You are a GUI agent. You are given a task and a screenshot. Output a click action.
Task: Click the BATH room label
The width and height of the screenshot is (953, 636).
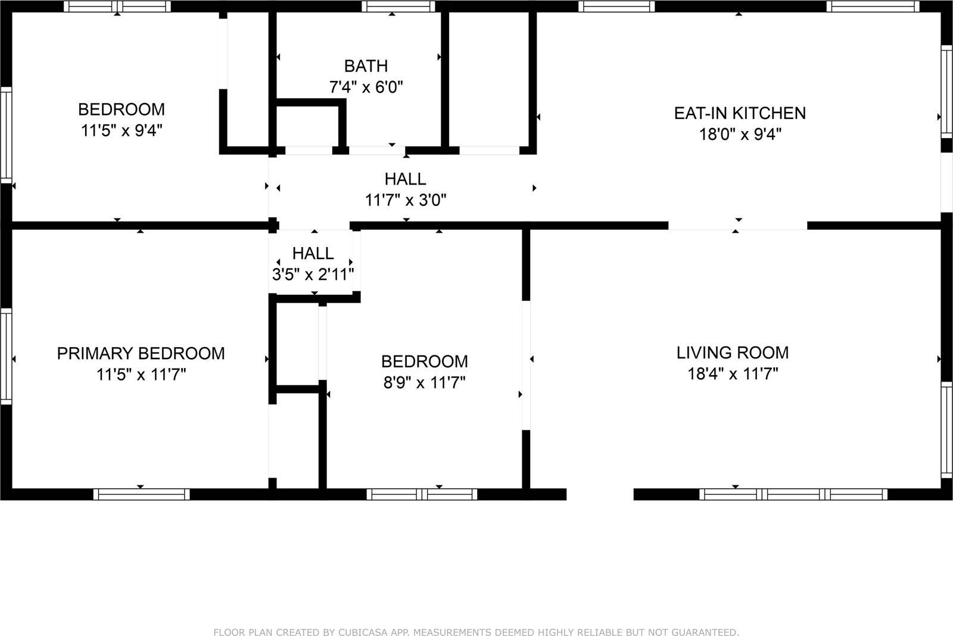(366, 66)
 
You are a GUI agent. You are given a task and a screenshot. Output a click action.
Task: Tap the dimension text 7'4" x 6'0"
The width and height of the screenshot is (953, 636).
(366, 88)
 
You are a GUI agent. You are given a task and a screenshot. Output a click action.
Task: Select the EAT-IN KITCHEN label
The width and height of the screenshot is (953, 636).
(739, 113)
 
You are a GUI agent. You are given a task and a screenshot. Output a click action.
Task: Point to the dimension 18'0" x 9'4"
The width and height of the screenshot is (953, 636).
(739, 135)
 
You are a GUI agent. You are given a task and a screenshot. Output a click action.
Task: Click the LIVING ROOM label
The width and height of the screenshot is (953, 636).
(732, 353)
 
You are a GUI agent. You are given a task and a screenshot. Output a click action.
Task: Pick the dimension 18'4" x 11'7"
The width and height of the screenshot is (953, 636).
(732, 374)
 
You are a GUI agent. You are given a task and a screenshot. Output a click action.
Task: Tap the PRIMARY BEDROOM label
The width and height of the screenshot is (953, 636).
(141, 353)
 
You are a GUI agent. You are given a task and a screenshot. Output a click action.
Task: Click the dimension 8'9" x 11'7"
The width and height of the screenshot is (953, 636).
(424, 382)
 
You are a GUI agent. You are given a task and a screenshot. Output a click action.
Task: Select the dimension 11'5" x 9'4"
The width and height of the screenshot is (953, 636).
(122, 130)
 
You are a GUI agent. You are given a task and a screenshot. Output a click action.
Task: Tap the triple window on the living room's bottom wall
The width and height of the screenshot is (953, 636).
(793, 494)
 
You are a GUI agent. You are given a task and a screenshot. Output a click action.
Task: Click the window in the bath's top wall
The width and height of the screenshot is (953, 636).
(398, 7)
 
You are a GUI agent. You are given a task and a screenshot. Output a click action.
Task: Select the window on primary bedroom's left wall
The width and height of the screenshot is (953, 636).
(5, 356)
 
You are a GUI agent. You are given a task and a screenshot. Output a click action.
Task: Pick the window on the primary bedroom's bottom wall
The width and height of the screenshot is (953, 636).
(141, 494)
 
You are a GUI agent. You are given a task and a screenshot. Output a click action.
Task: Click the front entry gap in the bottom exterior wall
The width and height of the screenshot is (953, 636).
(599, 494)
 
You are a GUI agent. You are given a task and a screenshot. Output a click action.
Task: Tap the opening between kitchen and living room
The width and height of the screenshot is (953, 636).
(737, 225)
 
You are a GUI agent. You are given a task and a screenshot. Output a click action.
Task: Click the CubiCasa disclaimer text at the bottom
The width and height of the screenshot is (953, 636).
(476, 632)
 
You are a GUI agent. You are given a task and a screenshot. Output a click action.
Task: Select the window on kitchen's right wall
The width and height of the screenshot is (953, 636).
(946, 91)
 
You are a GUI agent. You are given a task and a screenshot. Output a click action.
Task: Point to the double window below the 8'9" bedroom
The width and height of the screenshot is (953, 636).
(422, 494)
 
